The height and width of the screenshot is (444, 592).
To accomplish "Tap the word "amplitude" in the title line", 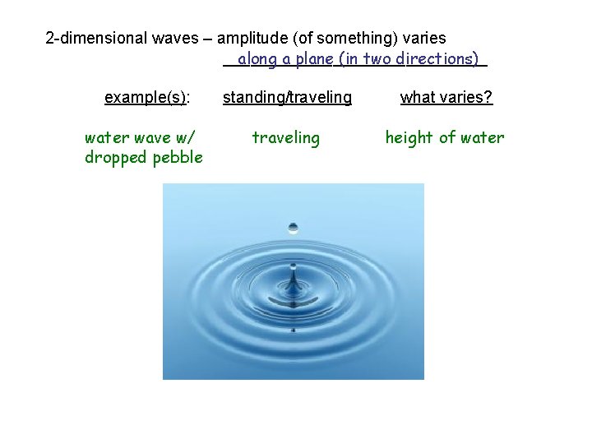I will [250, 39].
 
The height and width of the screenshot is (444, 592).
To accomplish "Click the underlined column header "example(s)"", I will [146, 98].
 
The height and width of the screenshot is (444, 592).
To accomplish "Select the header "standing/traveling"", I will [287, 98].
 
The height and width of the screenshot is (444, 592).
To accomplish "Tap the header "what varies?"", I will [446, 98].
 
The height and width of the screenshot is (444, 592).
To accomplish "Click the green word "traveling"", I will [285, 137].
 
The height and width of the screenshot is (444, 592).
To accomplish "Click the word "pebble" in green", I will [177, 157].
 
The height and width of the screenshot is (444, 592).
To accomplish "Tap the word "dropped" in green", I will [115, 157].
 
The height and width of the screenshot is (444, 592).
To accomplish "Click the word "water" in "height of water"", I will [483, 137].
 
